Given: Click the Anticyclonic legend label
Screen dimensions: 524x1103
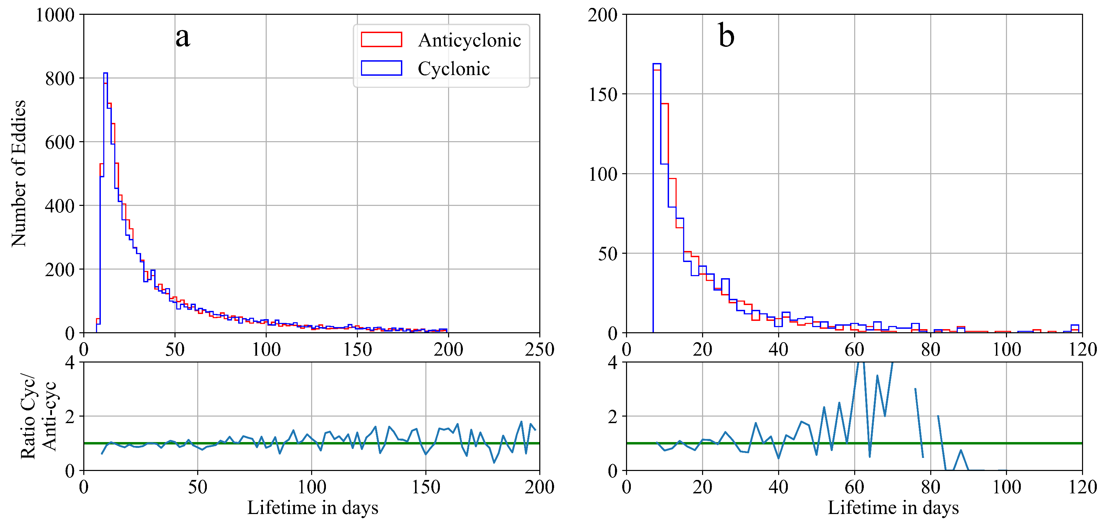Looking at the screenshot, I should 469,40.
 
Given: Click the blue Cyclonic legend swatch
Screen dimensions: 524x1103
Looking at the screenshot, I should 381,68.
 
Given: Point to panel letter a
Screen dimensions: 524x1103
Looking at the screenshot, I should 183,37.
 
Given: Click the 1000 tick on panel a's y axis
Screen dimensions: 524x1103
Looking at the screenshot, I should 55,15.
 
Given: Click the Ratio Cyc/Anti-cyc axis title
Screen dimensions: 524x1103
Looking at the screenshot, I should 39,417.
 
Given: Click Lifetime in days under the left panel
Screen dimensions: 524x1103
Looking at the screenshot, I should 312,508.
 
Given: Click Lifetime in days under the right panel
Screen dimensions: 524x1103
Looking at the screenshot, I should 893,508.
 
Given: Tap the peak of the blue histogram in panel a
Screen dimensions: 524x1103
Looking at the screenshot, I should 105,73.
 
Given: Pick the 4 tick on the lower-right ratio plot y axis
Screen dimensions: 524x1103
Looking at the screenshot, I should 612,363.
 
